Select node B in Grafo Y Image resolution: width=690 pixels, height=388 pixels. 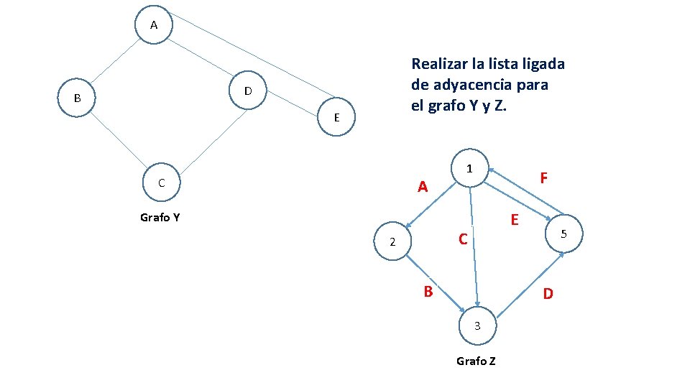(77, 98)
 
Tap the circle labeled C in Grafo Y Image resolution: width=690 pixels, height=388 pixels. (162, 183)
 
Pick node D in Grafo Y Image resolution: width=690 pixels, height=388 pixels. (247, 91)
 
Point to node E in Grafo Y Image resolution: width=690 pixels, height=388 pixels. (336, 117)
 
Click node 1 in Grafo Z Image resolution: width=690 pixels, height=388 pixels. (469, 170)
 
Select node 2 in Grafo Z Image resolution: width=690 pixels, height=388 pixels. (392, 242)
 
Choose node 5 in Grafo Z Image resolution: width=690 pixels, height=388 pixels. (564, 234)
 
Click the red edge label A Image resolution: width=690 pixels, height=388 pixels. (423, 188)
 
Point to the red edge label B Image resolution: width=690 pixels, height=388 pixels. (428, 292)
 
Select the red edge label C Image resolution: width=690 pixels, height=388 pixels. (464, 239)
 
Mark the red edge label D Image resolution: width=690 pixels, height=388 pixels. (548, 294)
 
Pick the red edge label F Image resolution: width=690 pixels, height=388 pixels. (544, 177)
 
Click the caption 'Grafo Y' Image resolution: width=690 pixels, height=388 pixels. (160, 217)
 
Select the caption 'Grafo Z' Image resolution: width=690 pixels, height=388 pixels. (476, 361)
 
